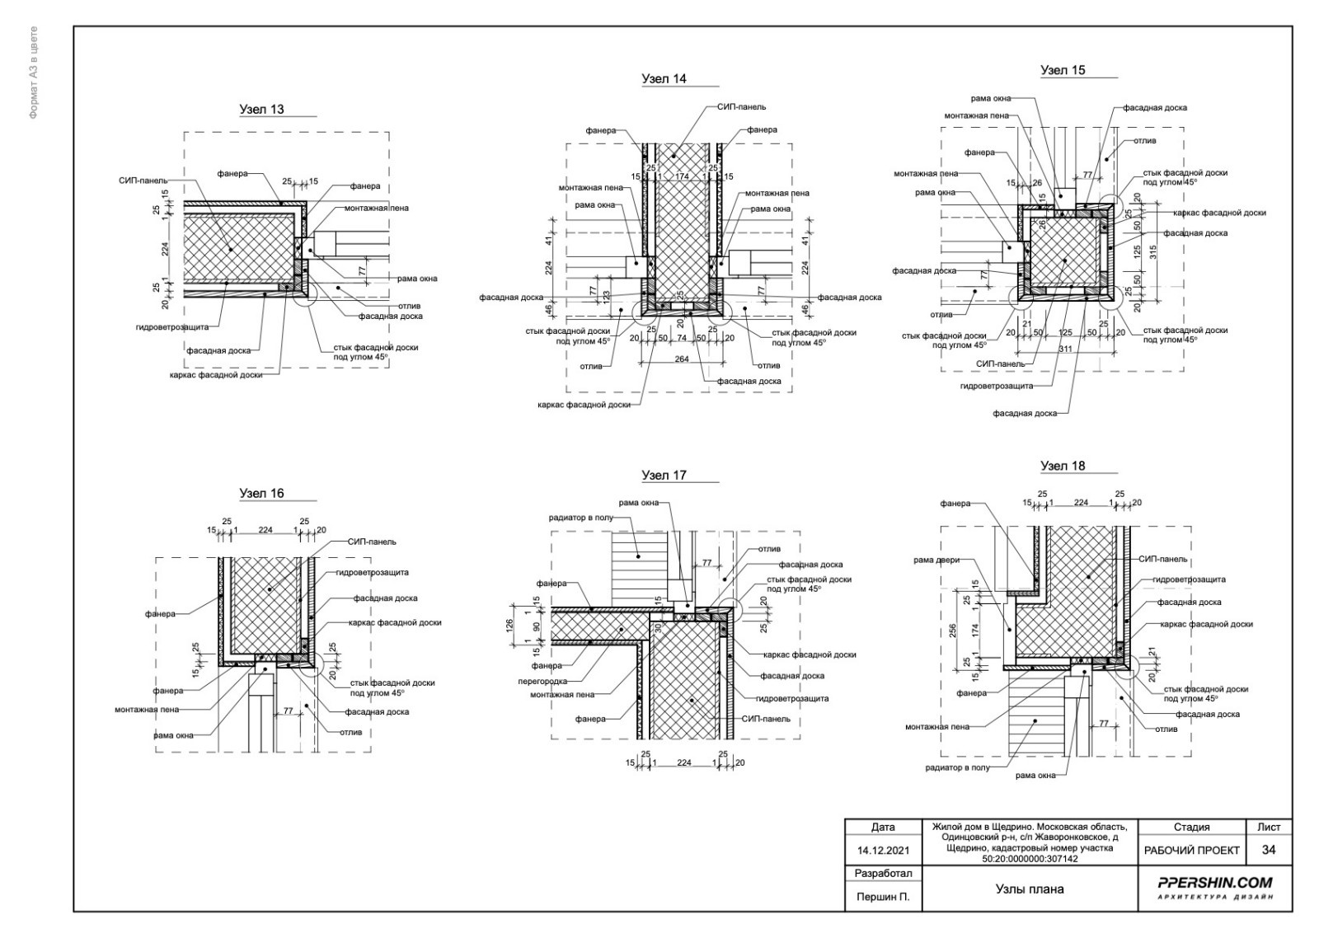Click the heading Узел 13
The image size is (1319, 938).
point(261,109)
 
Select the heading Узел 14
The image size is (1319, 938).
point(664,79)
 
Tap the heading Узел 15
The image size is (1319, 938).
point(1063,70)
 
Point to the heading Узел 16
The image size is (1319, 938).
point(261,494)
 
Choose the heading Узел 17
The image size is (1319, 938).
point(664,476)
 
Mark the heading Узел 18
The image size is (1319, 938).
point(1063,466)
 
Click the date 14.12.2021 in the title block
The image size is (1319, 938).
point(883,851)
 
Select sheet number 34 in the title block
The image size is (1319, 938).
point(1269,851)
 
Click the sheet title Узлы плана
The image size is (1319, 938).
point(1030,889)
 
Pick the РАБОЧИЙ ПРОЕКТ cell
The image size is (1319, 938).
point(1192,851)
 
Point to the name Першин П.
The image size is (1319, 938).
point(883,898)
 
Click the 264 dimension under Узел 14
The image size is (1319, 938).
point(681,359)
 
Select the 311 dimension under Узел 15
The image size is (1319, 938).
point(1065,349)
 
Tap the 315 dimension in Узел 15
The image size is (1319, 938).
point(1153,251)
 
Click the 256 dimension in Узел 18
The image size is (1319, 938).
point(953,631)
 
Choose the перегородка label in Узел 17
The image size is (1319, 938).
point(542,682)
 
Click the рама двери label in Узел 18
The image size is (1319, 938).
point(936,560)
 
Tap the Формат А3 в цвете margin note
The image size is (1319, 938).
point(34,72)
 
